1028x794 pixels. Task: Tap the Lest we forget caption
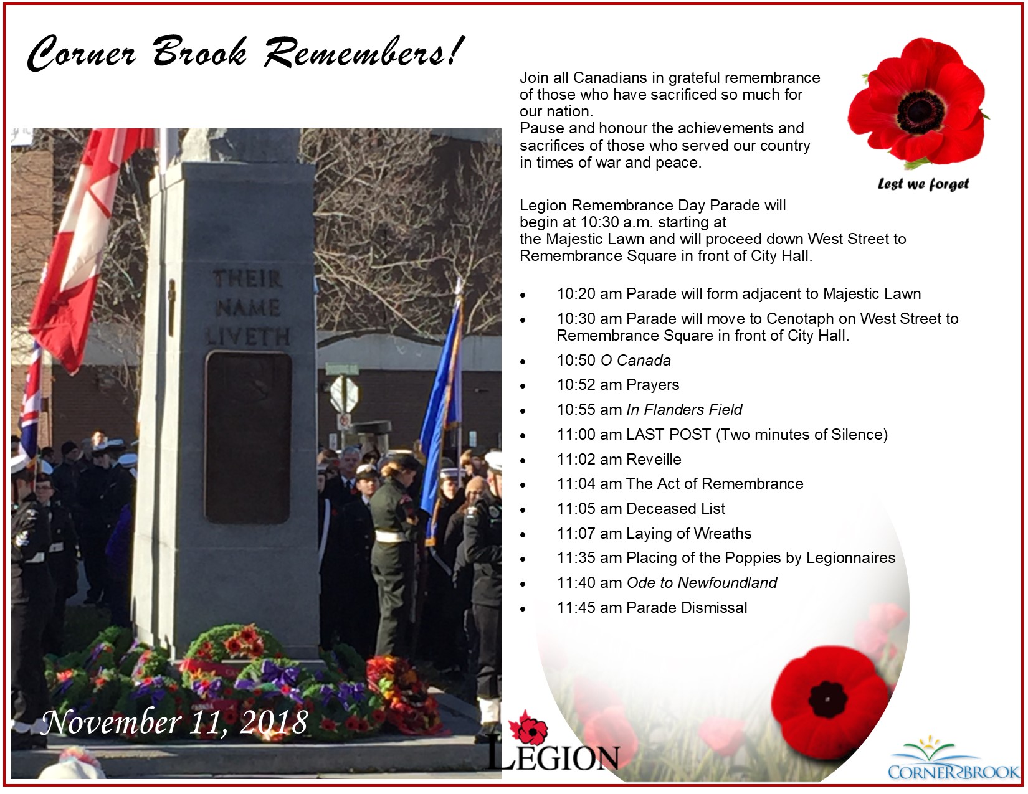[923, 184]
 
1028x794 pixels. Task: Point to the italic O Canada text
[635, 361]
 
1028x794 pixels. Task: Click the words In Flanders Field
[684, 410]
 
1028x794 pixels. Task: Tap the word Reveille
[654, 459]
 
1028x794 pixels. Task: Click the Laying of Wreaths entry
[689, 534]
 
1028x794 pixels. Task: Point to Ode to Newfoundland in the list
[702, 583]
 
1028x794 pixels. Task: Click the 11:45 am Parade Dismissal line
[652, 607]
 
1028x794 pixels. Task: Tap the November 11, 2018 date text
[174, 722]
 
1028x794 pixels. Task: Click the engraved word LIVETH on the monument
[248, 336]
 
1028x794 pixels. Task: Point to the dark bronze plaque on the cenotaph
[248, 437]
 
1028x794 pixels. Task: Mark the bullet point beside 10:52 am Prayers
[523, 386]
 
